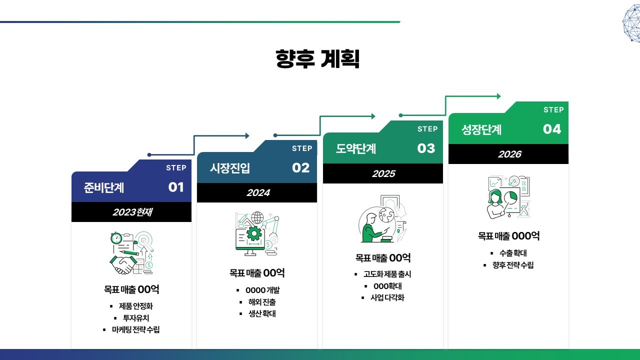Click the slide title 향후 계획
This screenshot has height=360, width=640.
coord(317,59)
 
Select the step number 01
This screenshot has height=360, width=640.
coord(176,187)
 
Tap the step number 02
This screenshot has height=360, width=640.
coord(301,167)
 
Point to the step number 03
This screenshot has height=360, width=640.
coord(426,148)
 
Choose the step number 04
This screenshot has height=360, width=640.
coord(552,129)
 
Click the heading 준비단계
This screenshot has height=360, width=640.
coord(104,187)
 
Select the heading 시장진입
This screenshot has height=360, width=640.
coord(230,168)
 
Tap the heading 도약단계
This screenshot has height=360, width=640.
coord(355,148)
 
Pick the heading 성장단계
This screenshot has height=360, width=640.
coord(481,129)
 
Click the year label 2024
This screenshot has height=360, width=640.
coord(258,193)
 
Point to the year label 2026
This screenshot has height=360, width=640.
coord(510,154)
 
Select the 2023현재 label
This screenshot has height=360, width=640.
coord(132,212)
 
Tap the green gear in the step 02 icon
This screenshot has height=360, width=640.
coord(254,233)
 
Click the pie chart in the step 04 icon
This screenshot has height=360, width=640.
coord(511,197)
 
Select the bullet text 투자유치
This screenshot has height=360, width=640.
coord(136,318)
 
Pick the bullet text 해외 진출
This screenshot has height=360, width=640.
coord(262,302)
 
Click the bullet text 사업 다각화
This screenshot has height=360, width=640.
coord(387,297)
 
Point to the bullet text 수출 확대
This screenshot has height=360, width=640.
coord(513,253)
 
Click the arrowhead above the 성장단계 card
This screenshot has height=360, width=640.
coord(499,96)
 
